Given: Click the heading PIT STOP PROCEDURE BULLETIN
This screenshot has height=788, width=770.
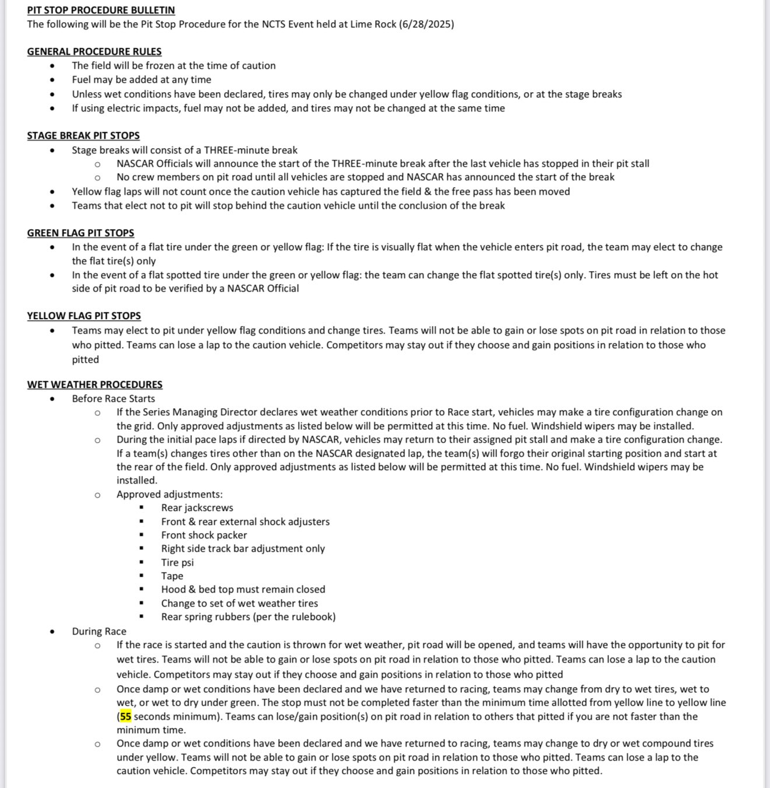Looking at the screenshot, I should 101,10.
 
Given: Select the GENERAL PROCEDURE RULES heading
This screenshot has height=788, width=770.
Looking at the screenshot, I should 94,51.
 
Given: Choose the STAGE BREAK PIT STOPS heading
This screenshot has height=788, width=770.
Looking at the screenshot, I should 83,135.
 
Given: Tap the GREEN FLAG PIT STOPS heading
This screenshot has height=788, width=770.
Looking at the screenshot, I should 80,233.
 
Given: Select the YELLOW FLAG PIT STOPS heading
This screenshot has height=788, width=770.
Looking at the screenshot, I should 84,316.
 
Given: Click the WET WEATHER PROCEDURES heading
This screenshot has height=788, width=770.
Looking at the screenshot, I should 94,384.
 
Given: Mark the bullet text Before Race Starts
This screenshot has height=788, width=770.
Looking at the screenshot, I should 113,398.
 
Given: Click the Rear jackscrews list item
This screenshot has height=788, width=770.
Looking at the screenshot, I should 197,507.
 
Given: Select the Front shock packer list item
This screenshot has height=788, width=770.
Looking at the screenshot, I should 204,535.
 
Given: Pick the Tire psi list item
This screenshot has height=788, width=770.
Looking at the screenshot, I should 177,562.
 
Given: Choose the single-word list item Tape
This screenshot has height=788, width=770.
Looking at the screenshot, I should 172,576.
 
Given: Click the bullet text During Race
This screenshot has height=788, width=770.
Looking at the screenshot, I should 99,631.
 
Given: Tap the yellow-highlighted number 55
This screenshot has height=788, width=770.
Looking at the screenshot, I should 126,716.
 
